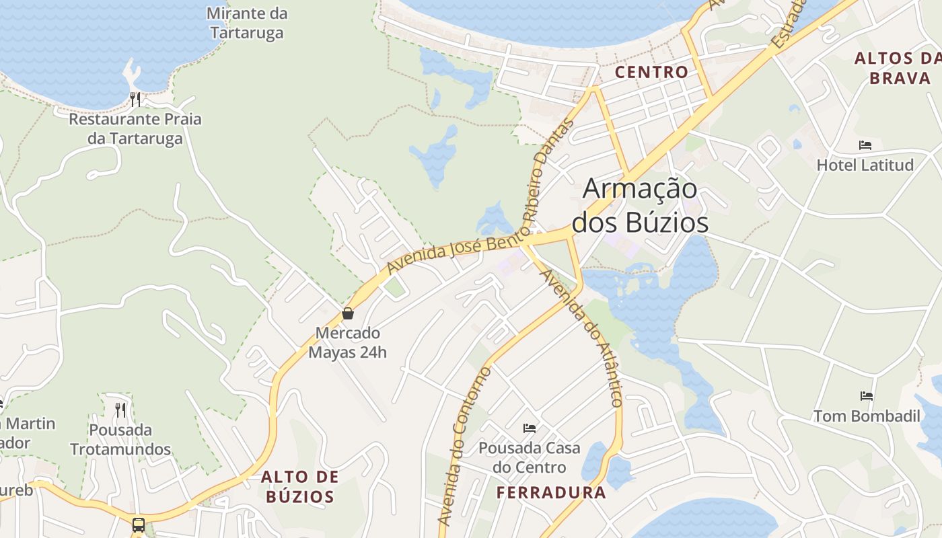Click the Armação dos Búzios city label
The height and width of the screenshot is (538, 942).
pyautogui.click(x=645, y=206)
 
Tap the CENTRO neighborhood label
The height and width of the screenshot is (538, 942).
pyautogui.click(x=651, y=72)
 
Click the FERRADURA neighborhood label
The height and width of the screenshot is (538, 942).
pyautogui.click(x=551, y=492)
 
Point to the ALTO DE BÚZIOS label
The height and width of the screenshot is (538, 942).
pyautogui.click(x=300, y=487)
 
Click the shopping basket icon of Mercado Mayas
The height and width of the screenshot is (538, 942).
pyautogui.click(x=348, y=313)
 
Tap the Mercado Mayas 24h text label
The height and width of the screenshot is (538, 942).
pyautogui.click(x=348, y=342)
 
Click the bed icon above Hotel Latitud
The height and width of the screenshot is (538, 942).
pyautogui.click(x=865, y=145)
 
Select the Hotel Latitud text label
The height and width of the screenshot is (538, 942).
pyautogui.click(x=865, y=165)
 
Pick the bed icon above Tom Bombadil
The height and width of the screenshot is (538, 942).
pyautogui.click(x=867, y=396)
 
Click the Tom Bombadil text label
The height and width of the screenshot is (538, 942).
pyautogui.click(x=867, y=416)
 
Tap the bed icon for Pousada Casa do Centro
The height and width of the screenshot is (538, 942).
pyautogui.click(x=530, y=428)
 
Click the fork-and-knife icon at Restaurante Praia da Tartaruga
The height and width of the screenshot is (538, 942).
pyautogui.click(x=135, y=100)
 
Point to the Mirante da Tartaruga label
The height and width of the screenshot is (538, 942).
pyautogui.click(x=247, y=23)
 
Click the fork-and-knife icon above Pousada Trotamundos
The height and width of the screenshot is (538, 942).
pyautogui.click(x=120, y=410)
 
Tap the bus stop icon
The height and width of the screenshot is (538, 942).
pyautogui.click(x=139, y=525)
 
